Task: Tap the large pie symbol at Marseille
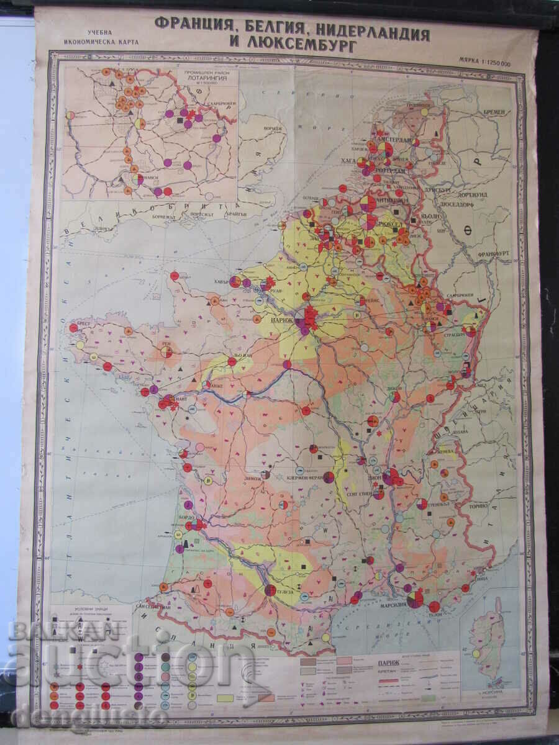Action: click(x=415, y=598)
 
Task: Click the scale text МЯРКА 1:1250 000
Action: click(x=484, y=63)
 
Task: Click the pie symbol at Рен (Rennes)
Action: click(x=166, y=351)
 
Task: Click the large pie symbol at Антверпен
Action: click(x=368, y=204)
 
